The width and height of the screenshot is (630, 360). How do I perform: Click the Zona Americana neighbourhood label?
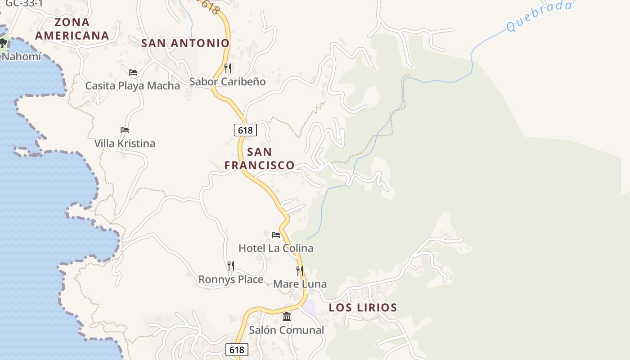72,29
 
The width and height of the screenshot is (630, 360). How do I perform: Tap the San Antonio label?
185,43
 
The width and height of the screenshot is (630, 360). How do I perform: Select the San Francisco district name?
260,158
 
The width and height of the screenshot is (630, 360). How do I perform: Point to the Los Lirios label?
363,308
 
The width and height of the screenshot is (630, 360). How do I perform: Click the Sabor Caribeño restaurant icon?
228,68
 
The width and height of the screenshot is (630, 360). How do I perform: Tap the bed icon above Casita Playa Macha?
133,72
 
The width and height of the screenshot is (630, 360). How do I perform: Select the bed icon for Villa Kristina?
125,130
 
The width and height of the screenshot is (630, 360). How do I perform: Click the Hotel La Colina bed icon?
276,234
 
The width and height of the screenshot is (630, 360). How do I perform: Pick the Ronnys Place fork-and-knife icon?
231,265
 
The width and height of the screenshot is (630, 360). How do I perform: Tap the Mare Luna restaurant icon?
300,270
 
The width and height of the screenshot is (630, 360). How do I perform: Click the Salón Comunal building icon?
287,316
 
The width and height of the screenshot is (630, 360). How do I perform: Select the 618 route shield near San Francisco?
245,130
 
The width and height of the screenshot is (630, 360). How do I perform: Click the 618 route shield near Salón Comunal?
236,350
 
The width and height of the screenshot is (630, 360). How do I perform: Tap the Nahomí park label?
21,57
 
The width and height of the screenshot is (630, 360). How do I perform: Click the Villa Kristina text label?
125,144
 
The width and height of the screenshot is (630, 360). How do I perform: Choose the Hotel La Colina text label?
276,248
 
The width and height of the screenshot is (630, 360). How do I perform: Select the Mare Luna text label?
300,284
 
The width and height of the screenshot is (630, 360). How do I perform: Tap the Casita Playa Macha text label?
133,85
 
